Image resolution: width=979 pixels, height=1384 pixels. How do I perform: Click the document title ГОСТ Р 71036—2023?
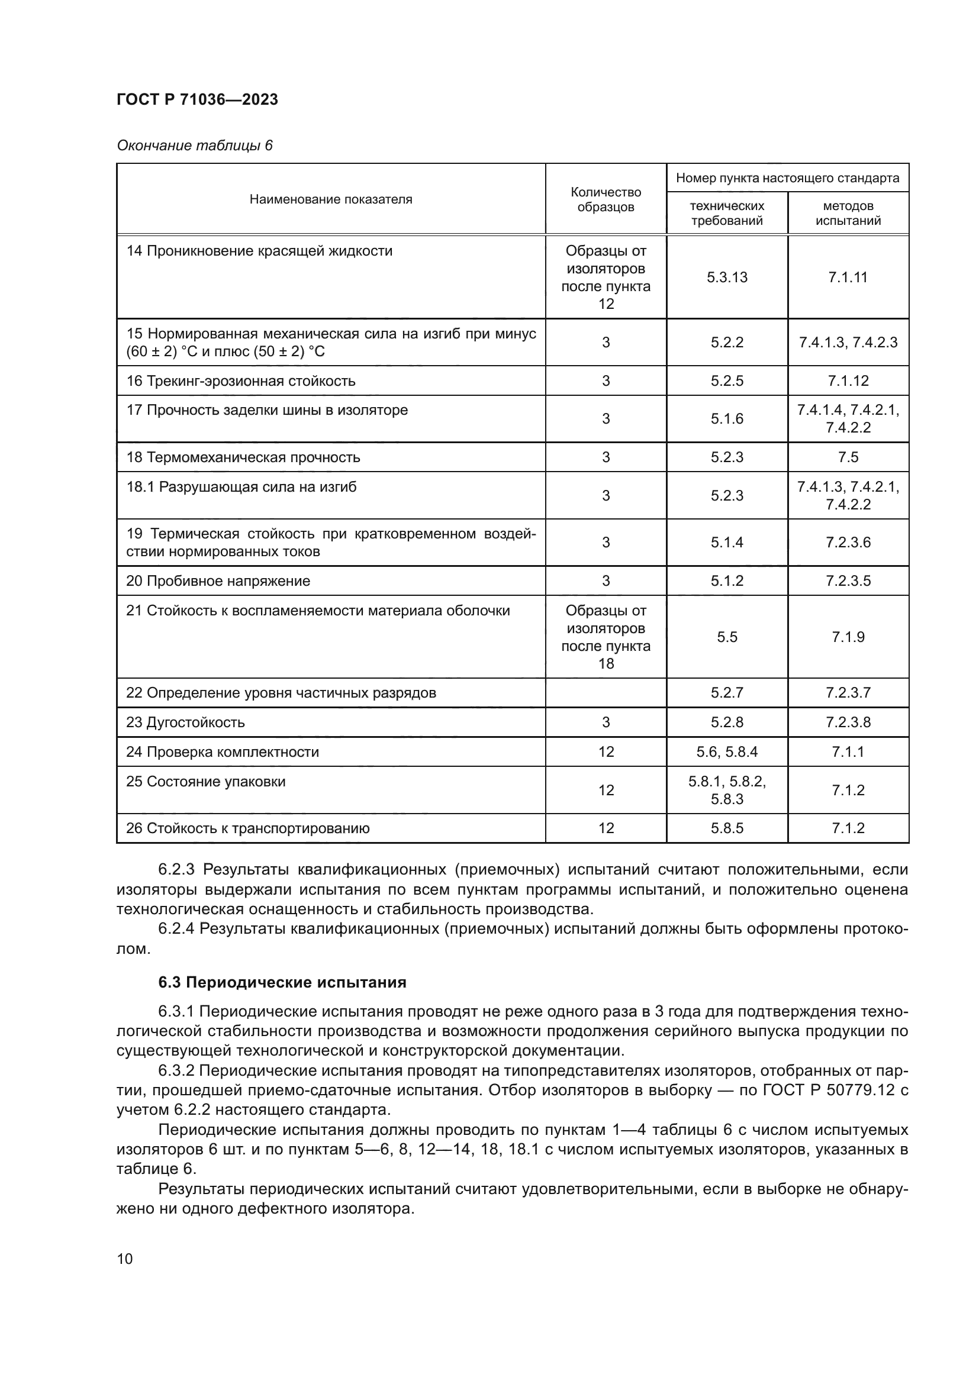197,99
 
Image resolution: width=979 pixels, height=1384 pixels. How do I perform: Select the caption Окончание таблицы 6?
194,146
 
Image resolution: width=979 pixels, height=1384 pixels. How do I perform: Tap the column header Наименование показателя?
330,199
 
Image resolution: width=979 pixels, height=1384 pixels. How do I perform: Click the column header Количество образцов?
606,199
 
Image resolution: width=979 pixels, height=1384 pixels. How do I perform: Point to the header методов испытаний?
848,214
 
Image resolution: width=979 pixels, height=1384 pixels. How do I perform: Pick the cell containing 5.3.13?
726,278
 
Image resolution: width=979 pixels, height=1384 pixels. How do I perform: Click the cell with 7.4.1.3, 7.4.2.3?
848,343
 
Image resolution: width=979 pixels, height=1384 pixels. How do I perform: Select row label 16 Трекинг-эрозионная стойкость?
240,381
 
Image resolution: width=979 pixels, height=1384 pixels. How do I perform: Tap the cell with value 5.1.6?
726,419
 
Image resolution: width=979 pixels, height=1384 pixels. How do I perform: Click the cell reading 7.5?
848,457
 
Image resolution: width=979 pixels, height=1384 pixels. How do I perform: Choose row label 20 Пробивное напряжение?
218,581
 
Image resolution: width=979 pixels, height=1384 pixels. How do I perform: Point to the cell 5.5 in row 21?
726,637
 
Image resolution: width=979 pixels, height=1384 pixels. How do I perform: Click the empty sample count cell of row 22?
606,693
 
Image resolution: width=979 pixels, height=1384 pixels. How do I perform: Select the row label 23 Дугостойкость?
185,722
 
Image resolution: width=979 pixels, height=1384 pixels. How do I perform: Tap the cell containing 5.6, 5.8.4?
726,751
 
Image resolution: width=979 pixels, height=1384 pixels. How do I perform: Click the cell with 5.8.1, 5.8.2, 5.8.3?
726,791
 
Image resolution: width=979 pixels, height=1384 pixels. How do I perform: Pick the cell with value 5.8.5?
726,828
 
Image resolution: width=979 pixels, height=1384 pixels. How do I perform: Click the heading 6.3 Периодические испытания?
282,983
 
